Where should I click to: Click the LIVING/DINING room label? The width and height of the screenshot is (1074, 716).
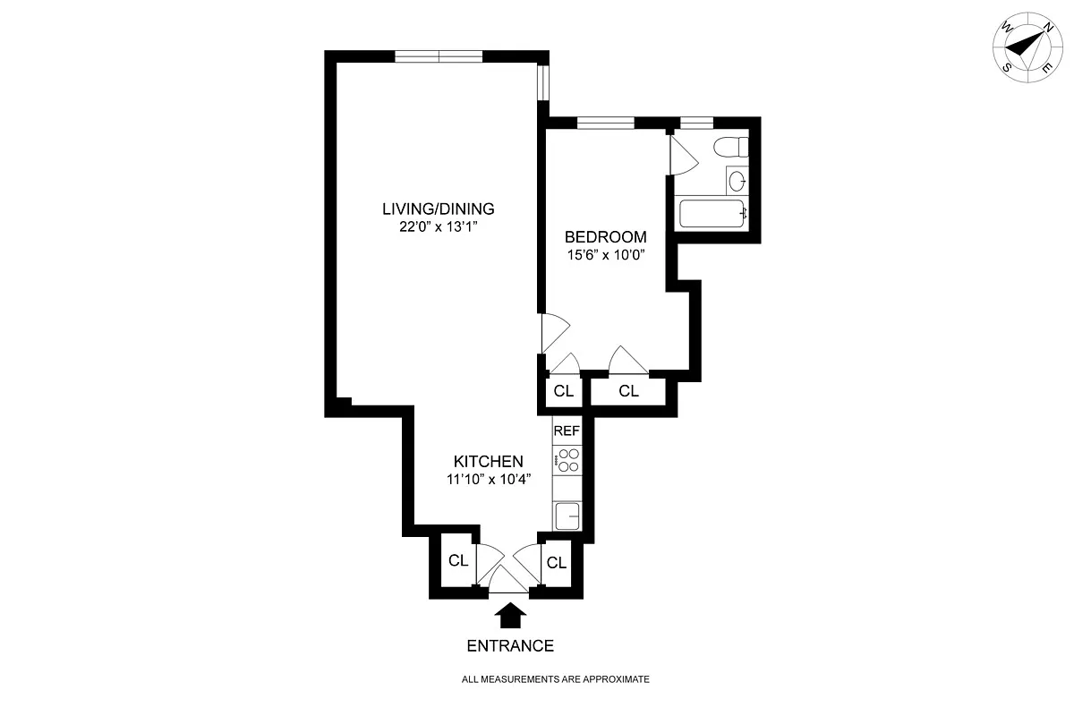[439, 209]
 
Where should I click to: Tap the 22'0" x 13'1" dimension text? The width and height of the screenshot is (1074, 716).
[439, 226]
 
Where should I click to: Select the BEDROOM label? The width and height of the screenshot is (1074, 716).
[606, 237]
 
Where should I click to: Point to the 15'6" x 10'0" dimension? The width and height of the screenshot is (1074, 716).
[606, 255]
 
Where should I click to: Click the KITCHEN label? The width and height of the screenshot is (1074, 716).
[488, 461]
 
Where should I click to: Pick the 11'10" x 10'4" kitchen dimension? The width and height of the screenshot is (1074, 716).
[489, 479]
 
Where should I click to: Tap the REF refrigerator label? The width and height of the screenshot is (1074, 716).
[567, 430]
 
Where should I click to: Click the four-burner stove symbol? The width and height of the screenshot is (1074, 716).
[567, 460]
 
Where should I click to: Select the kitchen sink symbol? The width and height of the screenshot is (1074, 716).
[567, 516]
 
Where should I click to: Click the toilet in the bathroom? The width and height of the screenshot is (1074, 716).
[730, 147]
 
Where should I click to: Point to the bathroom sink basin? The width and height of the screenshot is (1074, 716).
[737, 182]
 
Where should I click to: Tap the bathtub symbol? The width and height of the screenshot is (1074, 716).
[713, 214]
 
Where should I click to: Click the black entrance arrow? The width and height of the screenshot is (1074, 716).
[510, 615]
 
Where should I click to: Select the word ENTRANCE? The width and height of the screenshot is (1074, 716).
[510, 646]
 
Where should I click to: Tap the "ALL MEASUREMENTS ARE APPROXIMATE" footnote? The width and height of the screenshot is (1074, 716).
[555, 679]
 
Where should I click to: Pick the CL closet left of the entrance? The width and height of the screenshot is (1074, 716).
[458, 560]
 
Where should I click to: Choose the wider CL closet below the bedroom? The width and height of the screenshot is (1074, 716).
[628, 391]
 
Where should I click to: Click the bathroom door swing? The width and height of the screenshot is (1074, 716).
[684, 156]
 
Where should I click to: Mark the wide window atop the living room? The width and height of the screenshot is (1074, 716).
[439, 56]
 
